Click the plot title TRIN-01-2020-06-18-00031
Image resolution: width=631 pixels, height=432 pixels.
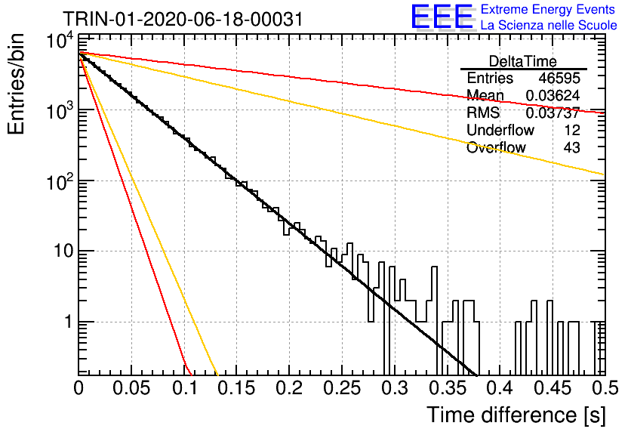coord(183,19)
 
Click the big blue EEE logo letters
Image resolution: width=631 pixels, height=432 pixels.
coord(442,17)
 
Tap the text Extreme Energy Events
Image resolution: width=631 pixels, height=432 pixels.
coord(548,9)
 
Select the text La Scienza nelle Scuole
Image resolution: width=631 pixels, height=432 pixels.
coord(549,25)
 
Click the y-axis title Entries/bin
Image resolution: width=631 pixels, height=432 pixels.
coord(16,84)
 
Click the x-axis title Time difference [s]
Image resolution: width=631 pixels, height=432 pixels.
coord(516,415)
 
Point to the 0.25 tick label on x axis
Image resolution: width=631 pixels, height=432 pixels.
coord(342,388)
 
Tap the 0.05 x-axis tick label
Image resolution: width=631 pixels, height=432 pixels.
coord(131,388)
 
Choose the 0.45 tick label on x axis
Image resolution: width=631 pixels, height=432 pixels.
coord(553,388)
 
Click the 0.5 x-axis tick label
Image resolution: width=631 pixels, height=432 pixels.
coord(605,388)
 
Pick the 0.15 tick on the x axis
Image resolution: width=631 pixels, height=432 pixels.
coord(237,388)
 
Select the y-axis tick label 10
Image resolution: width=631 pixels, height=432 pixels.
coord(63,251)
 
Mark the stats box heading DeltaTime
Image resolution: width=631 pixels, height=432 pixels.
coord(523,61)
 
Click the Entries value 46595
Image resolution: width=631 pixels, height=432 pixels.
coord(559,78)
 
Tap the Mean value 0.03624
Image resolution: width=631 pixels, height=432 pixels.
coord(553,95)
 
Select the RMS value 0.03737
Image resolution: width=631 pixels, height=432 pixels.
coord(553,113)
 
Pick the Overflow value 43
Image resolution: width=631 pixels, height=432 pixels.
coord(571,147)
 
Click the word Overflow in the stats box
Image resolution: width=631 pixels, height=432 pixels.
coord(496,147)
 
